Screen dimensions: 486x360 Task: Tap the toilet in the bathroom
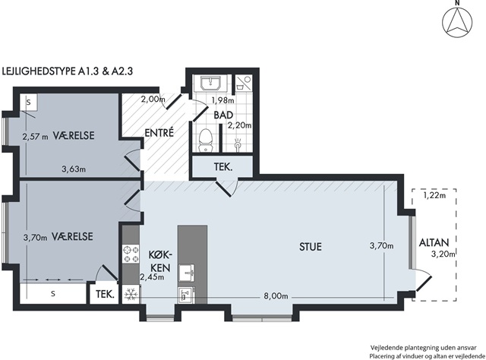pos(205,141)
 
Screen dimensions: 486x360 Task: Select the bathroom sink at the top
pos(211,83)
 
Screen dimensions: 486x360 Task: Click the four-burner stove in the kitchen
pos(131,254)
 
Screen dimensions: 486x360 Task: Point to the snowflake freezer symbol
pos(131,294)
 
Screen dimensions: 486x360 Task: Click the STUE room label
pos(311,247)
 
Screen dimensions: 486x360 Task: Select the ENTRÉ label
pos(159,133)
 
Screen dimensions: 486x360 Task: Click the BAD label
pos(223,115)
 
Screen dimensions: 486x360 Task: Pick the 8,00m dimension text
pos(276,296)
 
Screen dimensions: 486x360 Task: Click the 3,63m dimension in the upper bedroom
pos(74,169)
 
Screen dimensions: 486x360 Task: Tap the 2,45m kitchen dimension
pos(152,277)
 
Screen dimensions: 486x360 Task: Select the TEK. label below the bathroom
pos(223,167)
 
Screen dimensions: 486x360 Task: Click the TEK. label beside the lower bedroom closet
pos(105,294)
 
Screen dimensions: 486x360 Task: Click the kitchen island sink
pos(187,273)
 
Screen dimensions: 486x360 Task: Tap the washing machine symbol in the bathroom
pos(243,82)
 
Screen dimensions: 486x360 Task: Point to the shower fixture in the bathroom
pos(238,145)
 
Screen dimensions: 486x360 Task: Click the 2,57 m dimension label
pos(36,136)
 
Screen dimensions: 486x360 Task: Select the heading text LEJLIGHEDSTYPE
pos(39,71)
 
